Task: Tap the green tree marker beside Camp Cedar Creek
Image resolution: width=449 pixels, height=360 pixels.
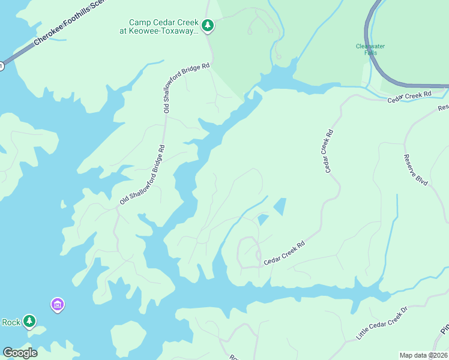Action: pyautogui.click(x=208, y=25)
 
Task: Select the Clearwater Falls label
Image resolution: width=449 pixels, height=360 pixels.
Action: pyautogui.click(x=370, y=49)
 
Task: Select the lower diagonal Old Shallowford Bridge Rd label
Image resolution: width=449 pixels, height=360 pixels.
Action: pyautogui.click(x=142, y=175)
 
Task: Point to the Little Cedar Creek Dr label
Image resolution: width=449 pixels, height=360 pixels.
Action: pyautogui.click(x=382, y=323)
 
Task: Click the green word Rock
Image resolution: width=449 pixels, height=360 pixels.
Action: pyautogui.click(x=11, y=322)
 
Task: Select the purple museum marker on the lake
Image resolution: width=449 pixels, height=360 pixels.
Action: pyautogui.click(x=58, y=305)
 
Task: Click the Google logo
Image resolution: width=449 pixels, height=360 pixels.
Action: pyautogui.click(x=20, y=353)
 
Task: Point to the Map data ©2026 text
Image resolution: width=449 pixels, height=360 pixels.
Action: pyautogui.click(x=423, y=355)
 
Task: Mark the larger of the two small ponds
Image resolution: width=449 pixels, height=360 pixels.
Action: pyautogui.click(x=280, y=207)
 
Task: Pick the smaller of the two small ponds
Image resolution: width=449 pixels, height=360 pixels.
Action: pyautogui.click(x=262, y=220)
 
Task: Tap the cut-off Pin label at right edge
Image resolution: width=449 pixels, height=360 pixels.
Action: pyautogui.click(x=444, y=329)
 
